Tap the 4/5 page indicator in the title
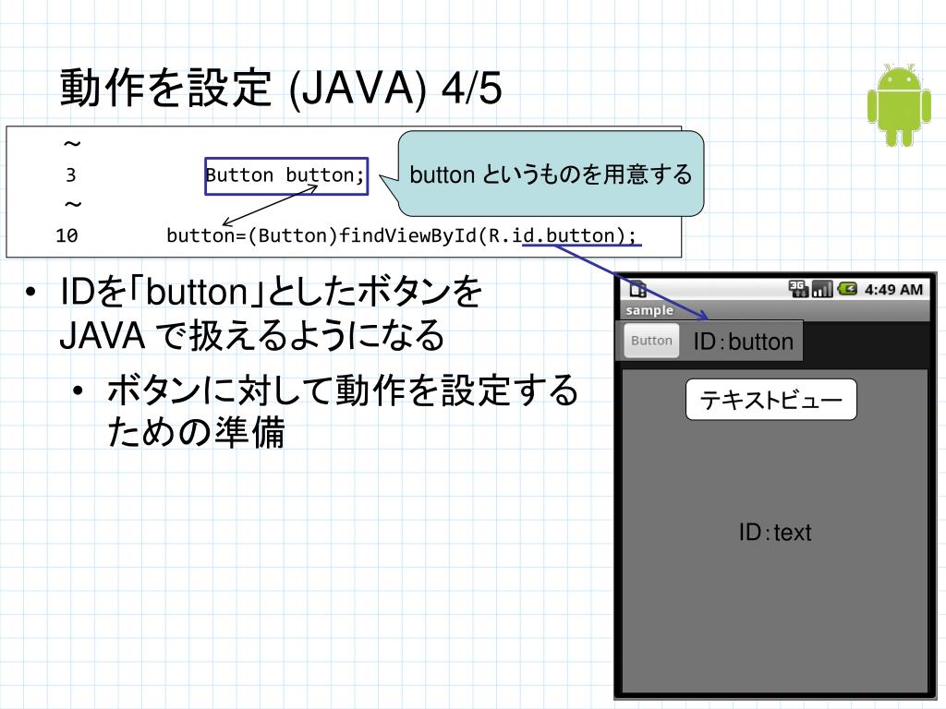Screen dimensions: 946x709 pos(472,90)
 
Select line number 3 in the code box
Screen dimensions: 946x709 pos(71,175)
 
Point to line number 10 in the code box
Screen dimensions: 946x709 pos(67,235)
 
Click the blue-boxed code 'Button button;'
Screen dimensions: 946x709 pos(286,174)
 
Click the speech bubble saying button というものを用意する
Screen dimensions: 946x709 pos(551,174)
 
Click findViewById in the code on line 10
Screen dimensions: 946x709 pos(413,235)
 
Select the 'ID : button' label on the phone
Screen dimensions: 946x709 pos(743,342)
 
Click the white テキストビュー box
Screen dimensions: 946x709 pos(770,400)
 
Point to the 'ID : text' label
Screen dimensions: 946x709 pos(774,533)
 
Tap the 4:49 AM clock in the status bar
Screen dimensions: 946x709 pos(893,290)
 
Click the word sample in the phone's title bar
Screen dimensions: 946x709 pos(649,311)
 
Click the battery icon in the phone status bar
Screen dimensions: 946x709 pos(847,290)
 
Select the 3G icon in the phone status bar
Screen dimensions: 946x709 pos(798,290)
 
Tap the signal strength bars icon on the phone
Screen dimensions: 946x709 pos(822,290)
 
